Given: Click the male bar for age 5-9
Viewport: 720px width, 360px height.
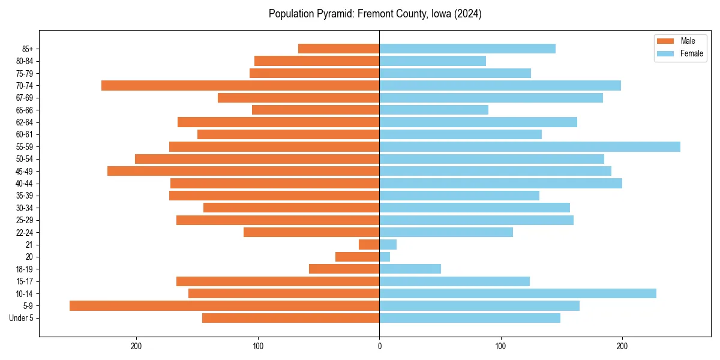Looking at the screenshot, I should (224, 305).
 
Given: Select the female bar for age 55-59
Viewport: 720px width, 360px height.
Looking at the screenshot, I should (530, 146).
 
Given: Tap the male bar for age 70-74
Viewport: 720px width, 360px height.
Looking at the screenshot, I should (240, 85).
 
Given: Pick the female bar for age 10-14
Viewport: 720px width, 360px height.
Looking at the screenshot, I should (518, 293).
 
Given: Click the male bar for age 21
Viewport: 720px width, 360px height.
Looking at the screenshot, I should (369, 244).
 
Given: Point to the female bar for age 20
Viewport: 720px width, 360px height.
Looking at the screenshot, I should (385, 257).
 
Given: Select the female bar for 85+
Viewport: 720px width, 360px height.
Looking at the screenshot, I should (467, 49).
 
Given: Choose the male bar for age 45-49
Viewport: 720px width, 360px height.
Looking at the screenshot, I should (243, 171).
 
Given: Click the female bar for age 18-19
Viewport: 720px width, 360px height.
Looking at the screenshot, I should (410, 269).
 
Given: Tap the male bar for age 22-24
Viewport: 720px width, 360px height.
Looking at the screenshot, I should (311, 232).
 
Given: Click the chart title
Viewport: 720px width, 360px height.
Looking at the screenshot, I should (375, 14).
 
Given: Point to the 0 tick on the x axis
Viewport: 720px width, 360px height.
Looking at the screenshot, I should (379, 346).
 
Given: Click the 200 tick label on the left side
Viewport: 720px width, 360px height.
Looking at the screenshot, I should (136, 346).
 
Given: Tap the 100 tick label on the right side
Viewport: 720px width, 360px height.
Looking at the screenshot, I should (500, 346).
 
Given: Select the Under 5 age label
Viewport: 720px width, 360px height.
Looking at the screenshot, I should (21, 318).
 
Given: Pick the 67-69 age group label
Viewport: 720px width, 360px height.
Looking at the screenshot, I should (25, 98).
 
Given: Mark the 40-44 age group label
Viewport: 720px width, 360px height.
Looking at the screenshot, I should (25, 184).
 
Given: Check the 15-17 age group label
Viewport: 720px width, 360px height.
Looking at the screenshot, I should (25, 281).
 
